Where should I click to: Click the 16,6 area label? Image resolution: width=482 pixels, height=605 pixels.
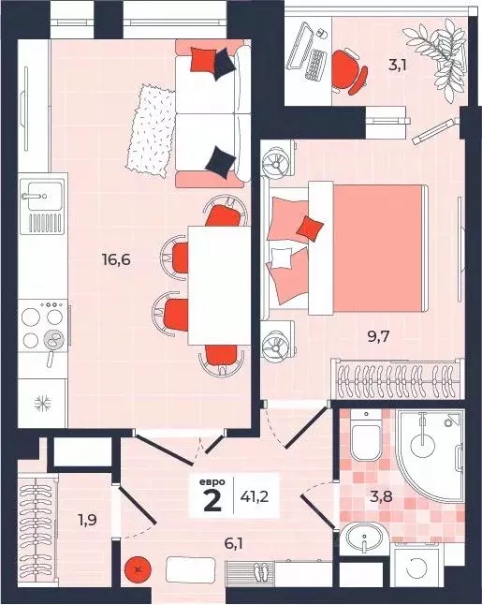point(116,259)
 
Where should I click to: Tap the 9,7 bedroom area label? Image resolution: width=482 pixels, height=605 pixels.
point(379,337)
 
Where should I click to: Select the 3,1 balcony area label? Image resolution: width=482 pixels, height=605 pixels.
point(398,65)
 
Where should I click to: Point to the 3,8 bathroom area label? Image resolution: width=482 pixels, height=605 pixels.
point(381,496)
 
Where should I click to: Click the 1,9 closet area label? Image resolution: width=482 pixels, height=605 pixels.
point(87,520)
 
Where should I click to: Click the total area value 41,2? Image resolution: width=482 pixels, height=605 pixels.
point(255,496)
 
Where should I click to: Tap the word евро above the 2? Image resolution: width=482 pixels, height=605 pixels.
point(212,482)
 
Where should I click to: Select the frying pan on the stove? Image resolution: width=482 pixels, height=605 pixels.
point(52,345)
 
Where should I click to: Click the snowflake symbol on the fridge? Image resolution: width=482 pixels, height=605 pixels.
point(40,404)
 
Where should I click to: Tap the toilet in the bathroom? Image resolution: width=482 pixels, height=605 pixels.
point(365,436)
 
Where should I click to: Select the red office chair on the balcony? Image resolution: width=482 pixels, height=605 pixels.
point(349,71)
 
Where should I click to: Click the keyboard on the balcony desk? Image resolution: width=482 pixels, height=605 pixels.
point(315,65)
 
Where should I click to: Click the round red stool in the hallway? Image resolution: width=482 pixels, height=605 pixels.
point(138,569)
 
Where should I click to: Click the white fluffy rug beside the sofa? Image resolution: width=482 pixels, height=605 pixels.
point(151,130)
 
